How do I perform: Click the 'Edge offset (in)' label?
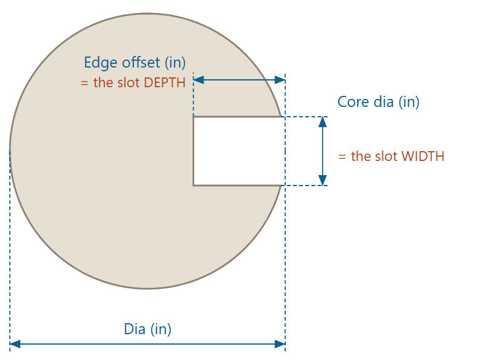click(x=135, y=63)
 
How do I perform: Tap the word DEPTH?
click(x=165, y=83)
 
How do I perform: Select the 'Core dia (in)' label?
click(x=379, y=102)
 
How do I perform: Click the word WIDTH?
click(x=423, y=157)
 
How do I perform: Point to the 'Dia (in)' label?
click(x=148, y=329)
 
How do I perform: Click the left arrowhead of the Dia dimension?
click(x=15, y=344)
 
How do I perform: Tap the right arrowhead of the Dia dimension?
click(x=280, y=344)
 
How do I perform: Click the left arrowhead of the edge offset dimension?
click(x=199, y=80)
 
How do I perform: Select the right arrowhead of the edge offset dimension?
click(x=280, y=80)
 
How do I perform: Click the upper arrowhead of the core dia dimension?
click(x=323, y=122)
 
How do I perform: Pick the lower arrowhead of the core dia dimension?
click(x=323, y=180)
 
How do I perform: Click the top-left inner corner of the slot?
click(x=194, y=117)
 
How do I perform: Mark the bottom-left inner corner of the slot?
click(x=194, y=186)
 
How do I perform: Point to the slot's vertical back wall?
click(x=194, y=151)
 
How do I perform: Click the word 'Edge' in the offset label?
click(x=100, y=63)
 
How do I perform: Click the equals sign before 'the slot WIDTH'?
click(x=342, y=157)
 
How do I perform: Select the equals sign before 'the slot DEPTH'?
click(x=84, y=84)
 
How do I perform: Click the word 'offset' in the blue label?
click(x=141, y=63)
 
